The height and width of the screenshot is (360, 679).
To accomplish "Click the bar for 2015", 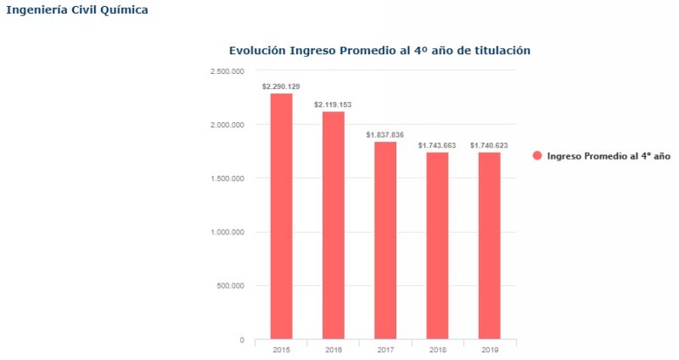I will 281,216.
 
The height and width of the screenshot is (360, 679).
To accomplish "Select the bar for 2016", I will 334,225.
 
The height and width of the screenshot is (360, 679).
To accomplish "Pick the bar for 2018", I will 437,245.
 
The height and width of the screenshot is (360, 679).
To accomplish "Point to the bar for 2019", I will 489,245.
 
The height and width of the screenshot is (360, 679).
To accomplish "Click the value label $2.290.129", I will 281,87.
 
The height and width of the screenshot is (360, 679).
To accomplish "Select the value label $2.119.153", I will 333,104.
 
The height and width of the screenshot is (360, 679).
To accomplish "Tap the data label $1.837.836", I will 385,135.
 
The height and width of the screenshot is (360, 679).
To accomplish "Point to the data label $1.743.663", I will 437,145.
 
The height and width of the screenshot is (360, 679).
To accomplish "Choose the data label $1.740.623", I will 489,145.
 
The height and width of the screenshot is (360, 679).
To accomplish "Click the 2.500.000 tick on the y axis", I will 227,71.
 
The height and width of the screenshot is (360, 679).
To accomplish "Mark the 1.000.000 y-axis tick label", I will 227,232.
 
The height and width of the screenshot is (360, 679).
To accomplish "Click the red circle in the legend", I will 537,156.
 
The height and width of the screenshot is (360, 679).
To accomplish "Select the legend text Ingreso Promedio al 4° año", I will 609,156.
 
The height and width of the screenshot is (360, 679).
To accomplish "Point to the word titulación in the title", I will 502,50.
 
